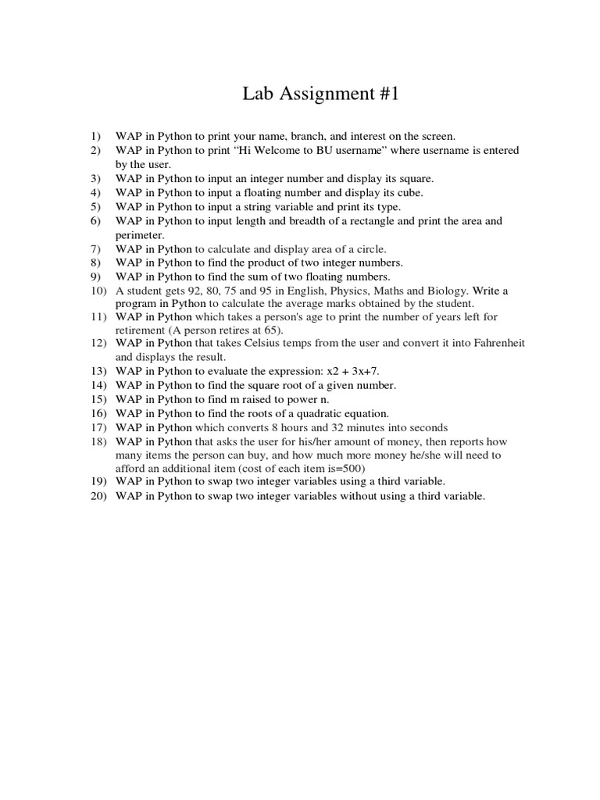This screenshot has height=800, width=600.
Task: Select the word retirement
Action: click(143, 330)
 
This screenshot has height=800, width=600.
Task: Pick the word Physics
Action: click(360, 291)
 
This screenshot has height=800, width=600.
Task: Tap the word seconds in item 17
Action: click(427, 427)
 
